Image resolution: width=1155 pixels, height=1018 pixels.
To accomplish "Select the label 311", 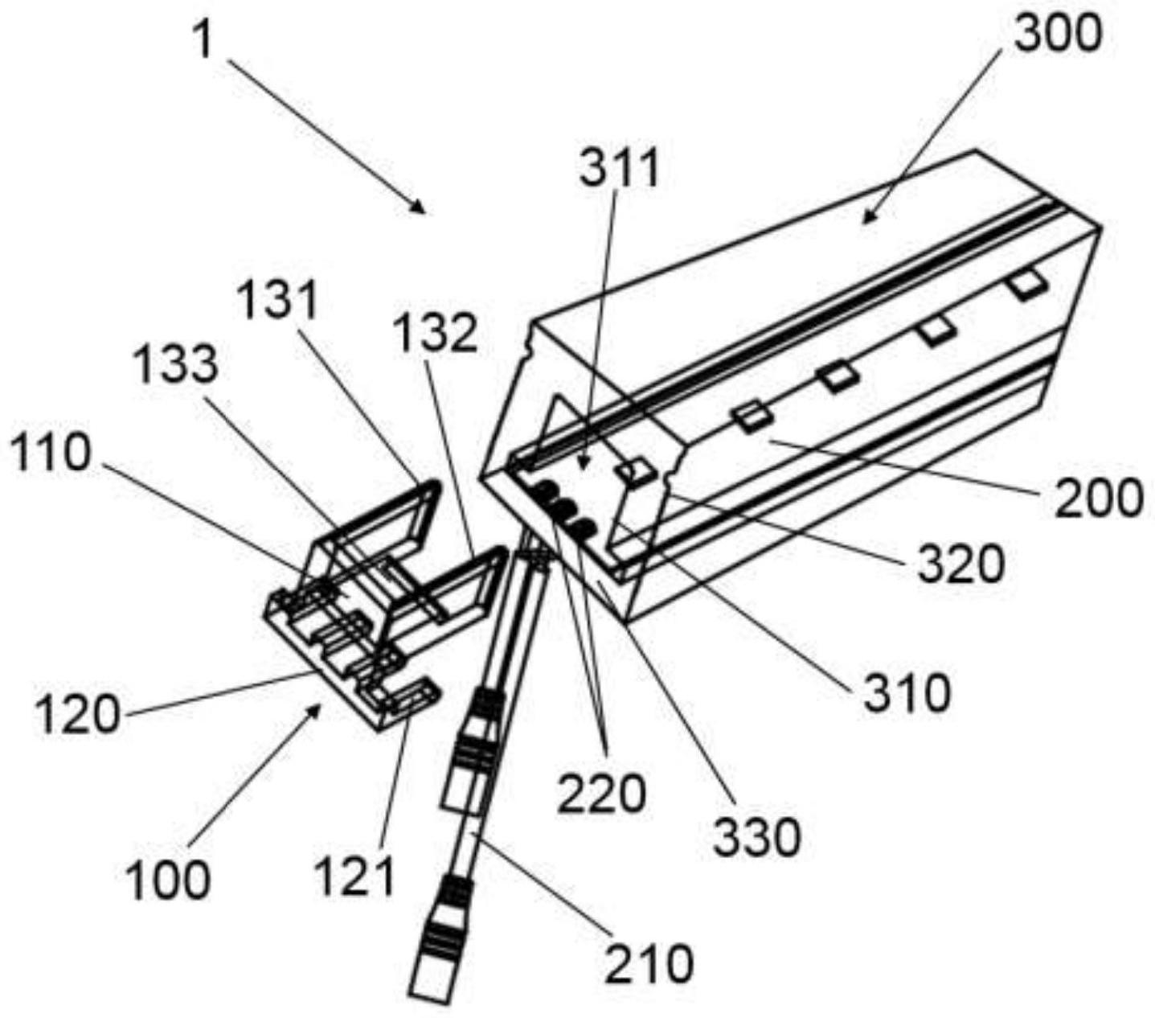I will (619, 170).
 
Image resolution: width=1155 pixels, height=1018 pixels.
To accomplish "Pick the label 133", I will (176, 364).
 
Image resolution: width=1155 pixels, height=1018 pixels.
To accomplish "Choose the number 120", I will (76, 713).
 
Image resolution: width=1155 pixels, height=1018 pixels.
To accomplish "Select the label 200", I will (1097, 496).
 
